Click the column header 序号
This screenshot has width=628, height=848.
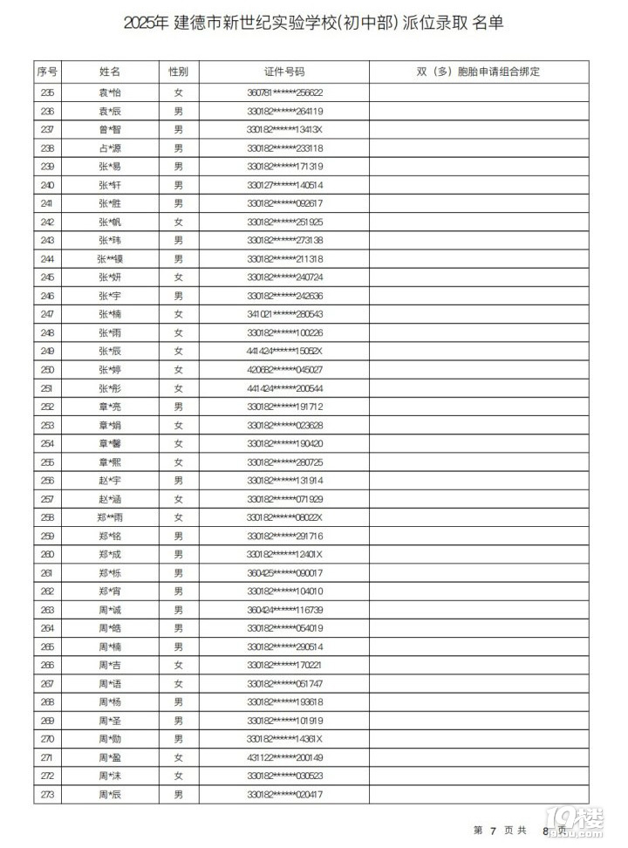click(47, 72)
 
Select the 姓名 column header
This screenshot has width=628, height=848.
click(110, 72)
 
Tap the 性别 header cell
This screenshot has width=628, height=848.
click(178, 72)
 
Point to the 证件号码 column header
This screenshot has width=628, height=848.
click(284, 72)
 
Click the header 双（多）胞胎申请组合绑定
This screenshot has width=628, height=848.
click(478, 72)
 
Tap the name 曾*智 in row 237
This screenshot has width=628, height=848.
click(110, 129)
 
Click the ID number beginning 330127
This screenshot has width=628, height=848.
click(285, 185)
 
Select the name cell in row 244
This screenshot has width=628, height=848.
click(110, 258)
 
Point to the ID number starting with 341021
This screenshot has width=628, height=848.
click(285, 314)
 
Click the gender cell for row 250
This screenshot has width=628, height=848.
click(178, 369)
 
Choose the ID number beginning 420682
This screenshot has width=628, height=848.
click(285, 369)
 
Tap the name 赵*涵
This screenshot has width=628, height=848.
click(110, 498)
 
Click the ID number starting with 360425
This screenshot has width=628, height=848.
click(285, 572)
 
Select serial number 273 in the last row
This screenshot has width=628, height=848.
click(47, 794)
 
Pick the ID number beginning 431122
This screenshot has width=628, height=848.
click(285, 757)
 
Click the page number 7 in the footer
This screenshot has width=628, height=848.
click(494, 830)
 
